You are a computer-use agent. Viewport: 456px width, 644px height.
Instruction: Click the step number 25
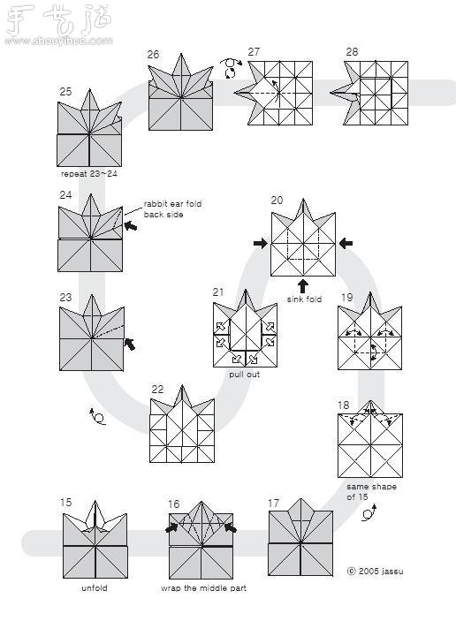click(x=65, y=92)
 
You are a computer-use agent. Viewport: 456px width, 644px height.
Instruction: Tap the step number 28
click(x=352, y=52)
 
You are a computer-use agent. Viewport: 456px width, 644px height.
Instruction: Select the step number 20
click(x=277, y=201)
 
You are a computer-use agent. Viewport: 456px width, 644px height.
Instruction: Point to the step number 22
click(x=156, y=389)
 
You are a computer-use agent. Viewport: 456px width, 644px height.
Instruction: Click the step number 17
click(x=274, y=504)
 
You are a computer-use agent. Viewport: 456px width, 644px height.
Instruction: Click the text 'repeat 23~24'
click(x=88, y=174)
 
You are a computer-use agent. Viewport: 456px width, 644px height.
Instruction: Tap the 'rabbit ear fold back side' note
click(x=172, y=209)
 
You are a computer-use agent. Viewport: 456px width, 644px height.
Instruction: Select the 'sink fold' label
click(x=304, y=299)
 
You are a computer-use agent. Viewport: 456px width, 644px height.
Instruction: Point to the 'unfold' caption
click(x=94, y=587)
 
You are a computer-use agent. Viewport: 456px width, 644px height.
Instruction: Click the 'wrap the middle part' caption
click(x=203, y=587)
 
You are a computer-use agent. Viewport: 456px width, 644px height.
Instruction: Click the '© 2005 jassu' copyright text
click(x=376, y=572)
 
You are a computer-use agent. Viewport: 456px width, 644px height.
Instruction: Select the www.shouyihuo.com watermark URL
click(x=58, y=41)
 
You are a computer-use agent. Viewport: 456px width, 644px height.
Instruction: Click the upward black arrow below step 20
click(x=303, y=285)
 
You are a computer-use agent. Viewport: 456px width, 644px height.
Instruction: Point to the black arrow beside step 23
click(x=131, y=344)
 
